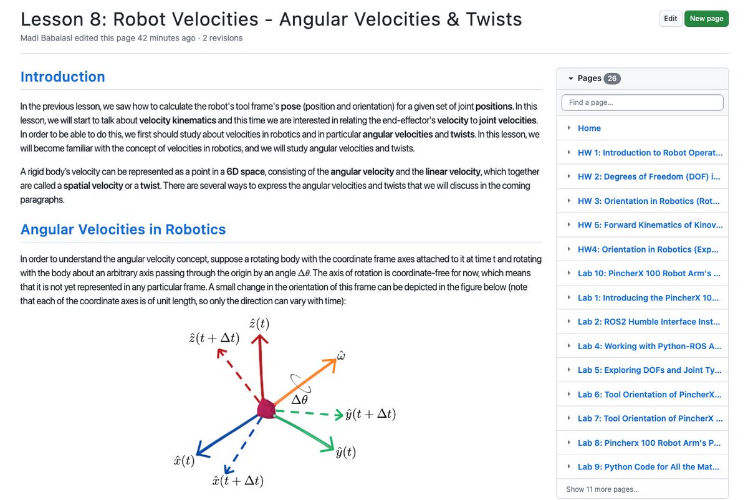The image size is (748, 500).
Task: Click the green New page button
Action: pos(706,19)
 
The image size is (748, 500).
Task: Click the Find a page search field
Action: pos(642,102)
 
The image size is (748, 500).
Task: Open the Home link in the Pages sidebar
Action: pos(589,128)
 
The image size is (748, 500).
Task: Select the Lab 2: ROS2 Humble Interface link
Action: pos(649,322)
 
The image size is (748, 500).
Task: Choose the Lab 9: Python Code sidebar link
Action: pos(648,467)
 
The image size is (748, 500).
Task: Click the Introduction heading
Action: pos(62,77)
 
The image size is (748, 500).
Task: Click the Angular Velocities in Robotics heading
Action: pos(123,229)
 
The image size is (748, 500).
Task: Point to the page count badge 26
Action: pos(612,79)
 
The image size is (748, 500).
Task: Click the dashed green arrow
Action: pos(309,412)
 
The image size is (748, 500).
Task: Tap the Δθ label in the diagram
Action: pos(299,400)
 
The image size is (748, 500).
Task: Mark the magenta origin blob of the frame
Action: pos(266,410)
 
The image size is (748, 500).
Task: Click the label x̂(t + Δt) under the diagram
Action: pos(237,481)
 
